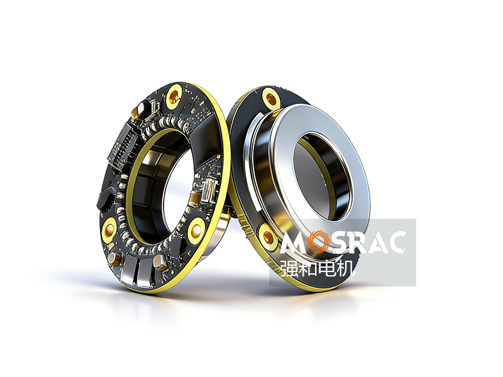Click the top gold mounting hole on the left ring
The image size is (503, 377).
click(x=175, y=96)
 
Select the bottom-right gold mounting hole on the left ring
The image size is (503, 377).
click(x=195, y=230)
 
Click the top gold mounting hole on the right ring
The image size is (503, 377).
click(x=271, y=97)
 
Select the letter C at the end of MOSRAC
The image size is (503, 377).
click(x=395, y=243)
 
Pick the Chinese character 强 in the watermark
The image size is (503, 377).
click(x=289, y=268)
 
